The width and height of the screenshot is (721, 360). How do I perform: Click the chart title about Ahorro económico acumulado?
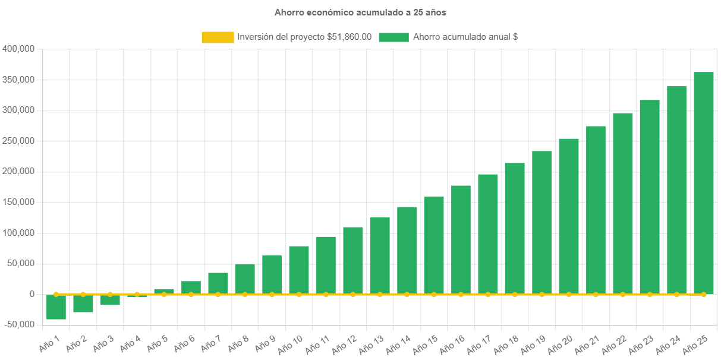coord(360,12)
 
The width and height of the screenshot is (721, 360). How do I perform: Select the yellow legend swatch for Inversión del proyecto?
coord(218,37)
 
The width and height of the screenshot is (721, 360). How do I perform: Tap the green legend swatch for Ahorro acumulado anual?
coord(393,37)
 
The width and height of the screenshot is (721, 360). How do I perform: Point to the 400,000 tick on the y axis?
coord(19,49)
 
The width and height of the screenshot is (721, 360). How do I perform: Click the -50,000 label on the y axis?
coord(19,324)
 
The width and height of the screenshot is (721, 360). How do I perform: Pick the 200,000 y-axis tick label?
coord(19,171)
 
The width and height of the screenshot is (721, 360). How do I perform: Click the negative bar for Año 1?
coord(56,307)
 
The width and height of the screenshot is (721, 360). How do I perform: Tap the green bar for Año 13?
coord(380,255)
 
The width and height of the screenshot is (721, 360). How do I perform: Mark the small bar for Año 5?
coord(164,291)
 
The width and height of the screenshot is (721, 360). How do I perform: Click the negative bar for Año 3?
coord(110,300)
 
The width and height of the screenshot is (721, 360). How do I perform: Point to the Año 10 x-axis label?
coord(291,343)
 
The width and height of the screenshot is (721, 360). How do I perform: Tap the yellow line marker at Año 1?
coord(56,294)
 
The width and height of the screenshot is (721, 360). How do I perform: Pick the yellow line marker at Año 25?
coord(704,294)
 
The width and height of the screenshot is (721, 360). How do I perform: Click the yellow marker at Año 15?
coord(434,294)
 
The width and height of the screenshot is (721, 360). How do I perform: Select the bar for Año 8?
coord(245,279)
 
